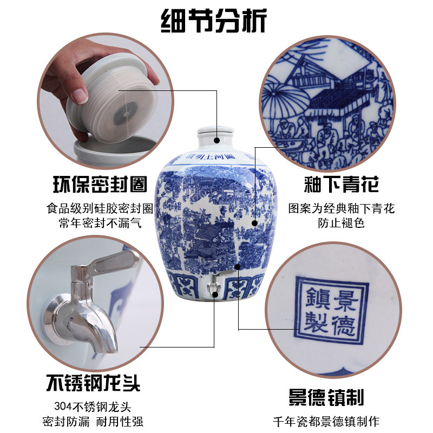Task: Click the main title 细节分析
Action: click(x=214, y=21)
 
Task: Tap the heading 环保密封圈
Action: click(x=100, y=184)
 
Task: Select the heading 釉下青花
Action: click(x=341, y=184)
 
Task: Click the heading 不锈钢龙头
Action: click(x=93, y=383)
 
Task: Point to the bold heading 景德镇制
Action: click(x=326, y=397)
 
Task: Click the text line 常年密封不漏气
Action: click(x=100, y=223)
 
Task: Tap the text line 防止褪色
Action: click(x=341, y=223)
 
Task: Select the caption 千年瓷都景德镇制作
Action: click(x=326, y=422)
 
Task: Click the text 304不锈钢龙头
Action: click(x=93, y=406)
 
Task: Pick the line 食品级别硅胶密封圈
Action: click(x=100, y=208)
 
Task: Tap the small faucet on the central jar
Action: click(x=215, y=283)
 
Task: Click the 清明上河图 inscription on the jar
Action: click(x=211, y=156)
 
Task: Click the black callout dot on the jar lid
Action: click(x=217, y=140)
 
